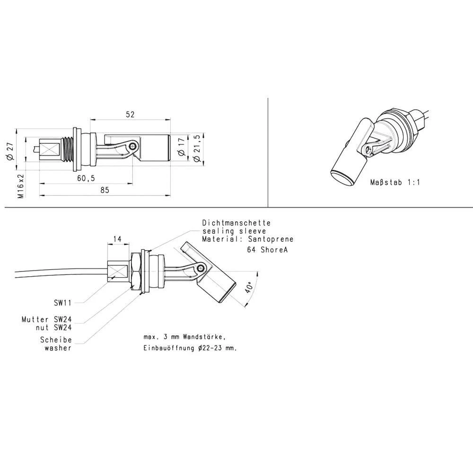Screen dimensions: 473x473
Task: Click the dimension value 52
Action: [x=130, y=114]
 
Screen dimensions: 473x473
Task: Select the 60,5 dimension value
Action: [x=86, y=178]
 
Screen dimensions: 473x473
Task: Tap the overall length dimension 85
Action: [x=105, y=190]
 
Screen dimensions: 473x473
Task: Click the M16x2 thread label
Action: [x=20, y=185]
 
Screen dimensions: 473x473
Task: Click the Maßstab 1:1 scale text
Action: [x=395, y=182]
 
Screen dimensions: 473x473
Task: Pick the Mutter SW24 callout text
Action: [x=46, y=319]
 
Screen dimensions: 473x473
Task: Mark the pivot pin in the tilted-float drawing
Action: [x=202, y=269]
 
